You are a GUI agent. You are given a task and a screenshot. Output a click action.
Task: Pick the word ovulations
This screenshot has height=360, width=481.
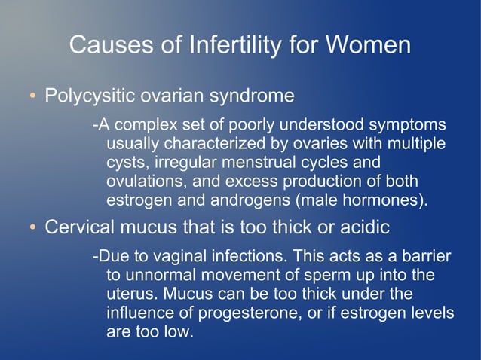coord(146,182)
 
